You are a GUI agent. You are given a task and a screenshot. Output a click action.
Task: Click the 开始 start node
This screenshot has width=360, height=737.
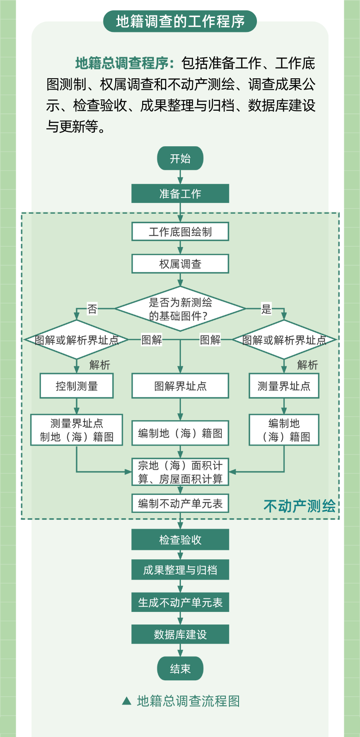(x=180, y=158)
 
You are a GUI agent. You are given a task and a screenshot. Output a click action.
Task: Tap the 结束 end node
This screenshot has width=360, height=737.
(x=180, y=669)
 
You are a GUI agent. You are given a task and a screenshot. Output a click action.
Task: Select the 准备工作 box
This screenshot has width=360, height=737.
(x=180, y=193)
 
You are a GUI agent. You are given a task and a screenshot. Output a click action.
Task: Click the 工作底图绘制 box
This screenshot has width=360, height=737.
(x=180, y=232)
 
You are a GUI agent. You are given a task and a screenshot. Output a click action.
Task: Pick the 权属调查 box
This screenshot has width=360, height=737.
(x=180, y=264)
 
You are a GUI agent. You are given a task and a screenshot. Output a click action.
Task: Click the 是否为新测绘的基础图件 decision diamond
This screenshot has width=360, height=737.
(x=180, y=309)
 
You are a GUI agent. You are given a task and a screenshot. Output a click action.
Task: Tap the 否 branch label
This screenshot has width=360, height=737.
(x=92, y=309)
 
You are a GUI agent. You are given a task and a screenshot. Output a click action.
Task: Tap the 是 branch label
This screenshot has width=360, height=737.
(x=266, y=309)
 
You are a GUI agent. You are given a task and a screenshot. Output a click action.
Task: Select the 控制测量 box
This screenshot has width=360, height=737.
(x=76, y=386)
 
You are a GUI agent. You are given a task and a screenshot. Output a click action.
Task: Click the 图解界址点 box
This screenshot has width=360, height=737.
(x=180, y=386)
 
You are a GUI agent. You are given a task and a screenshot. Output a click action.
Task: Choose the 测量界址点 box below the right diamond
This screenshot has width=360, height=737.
(x=284, y=386)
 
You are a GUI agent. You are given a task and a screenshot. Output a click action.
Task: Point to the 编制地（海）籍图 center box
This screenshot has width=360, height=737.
(x=180, y=433)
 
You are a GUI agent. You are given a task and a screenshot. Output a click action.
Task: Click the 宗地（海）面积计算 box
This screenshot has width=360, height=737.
(x=180, y=472)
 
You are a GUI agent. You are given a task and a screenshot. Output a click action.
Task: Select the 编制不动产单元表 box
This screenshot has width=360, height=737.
(x=180, y=503)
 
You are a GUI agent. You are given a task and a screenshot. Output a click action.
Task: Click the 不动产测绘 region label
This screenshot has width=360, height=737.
(x=299, y=506)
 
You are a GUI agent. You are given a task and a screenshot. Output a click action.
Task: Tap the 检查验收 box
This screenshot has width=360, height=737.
(x=180, y=539)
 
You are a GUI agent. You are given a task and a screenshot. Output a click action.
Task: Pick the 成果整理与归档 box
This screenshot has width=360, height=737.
(x=180, y=570)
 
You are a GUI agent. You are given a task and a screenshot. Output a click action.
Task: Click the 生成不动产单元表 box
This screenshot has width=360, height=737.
(x=180, y=602)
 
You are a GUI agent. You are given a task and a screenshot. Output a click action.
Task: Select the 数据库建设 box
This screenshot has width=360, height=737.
(x=180, y=634)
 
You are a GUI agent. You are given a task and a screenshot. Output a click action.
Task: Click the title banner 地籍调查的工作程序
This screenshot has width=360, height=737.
(x=180, y=21)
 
